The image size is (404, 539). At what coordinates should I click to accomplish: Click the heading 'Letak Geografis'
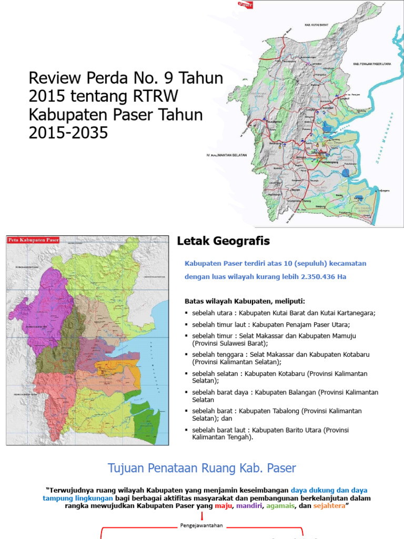click(223, 241)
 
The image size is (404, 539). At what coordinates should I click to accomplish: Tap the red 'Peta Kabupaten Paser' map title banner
click(33, 239)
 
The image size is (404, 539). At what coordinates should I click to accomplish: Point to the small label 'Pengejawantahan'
click(202, 525)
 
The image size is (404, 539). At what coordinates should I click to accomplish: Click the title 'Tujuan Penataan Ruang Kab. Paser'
click(202, 468)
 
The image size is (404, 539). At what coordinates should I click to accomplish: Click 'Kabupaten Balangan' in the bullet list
click(300, 392)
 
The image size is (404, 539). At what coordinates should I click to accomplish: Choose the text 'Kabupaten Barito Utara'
click(300, 430)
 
